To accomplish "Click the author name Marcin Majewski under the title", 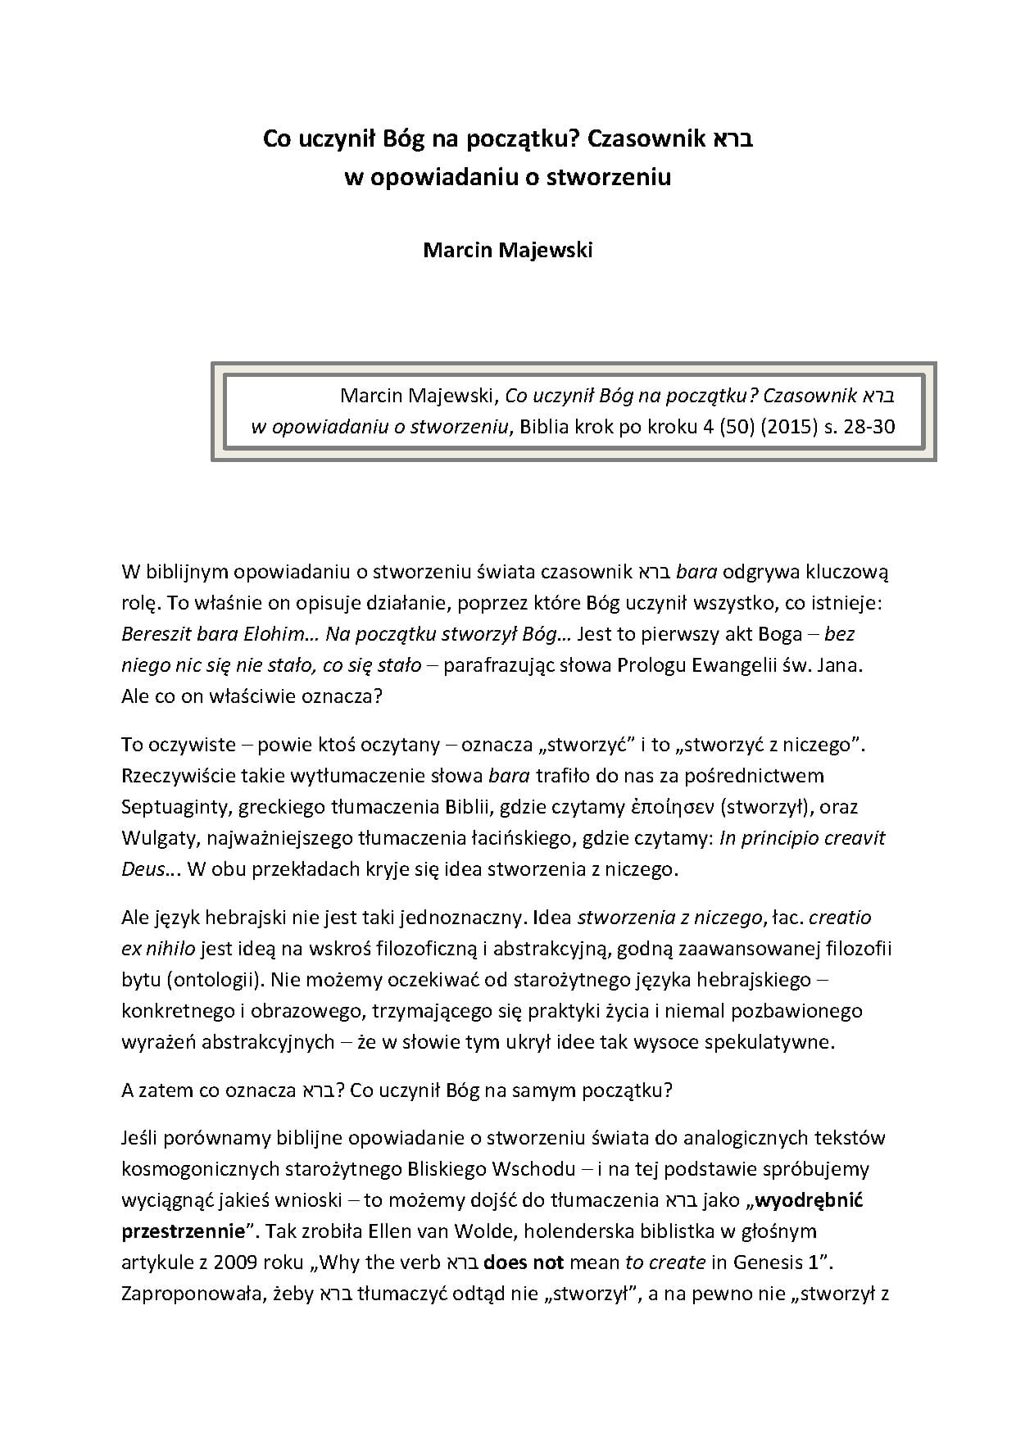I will tap(507, 250).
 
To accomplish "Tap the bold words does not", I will tap(524, 1262).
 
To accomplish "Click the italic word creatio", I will tap(845, 918).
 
